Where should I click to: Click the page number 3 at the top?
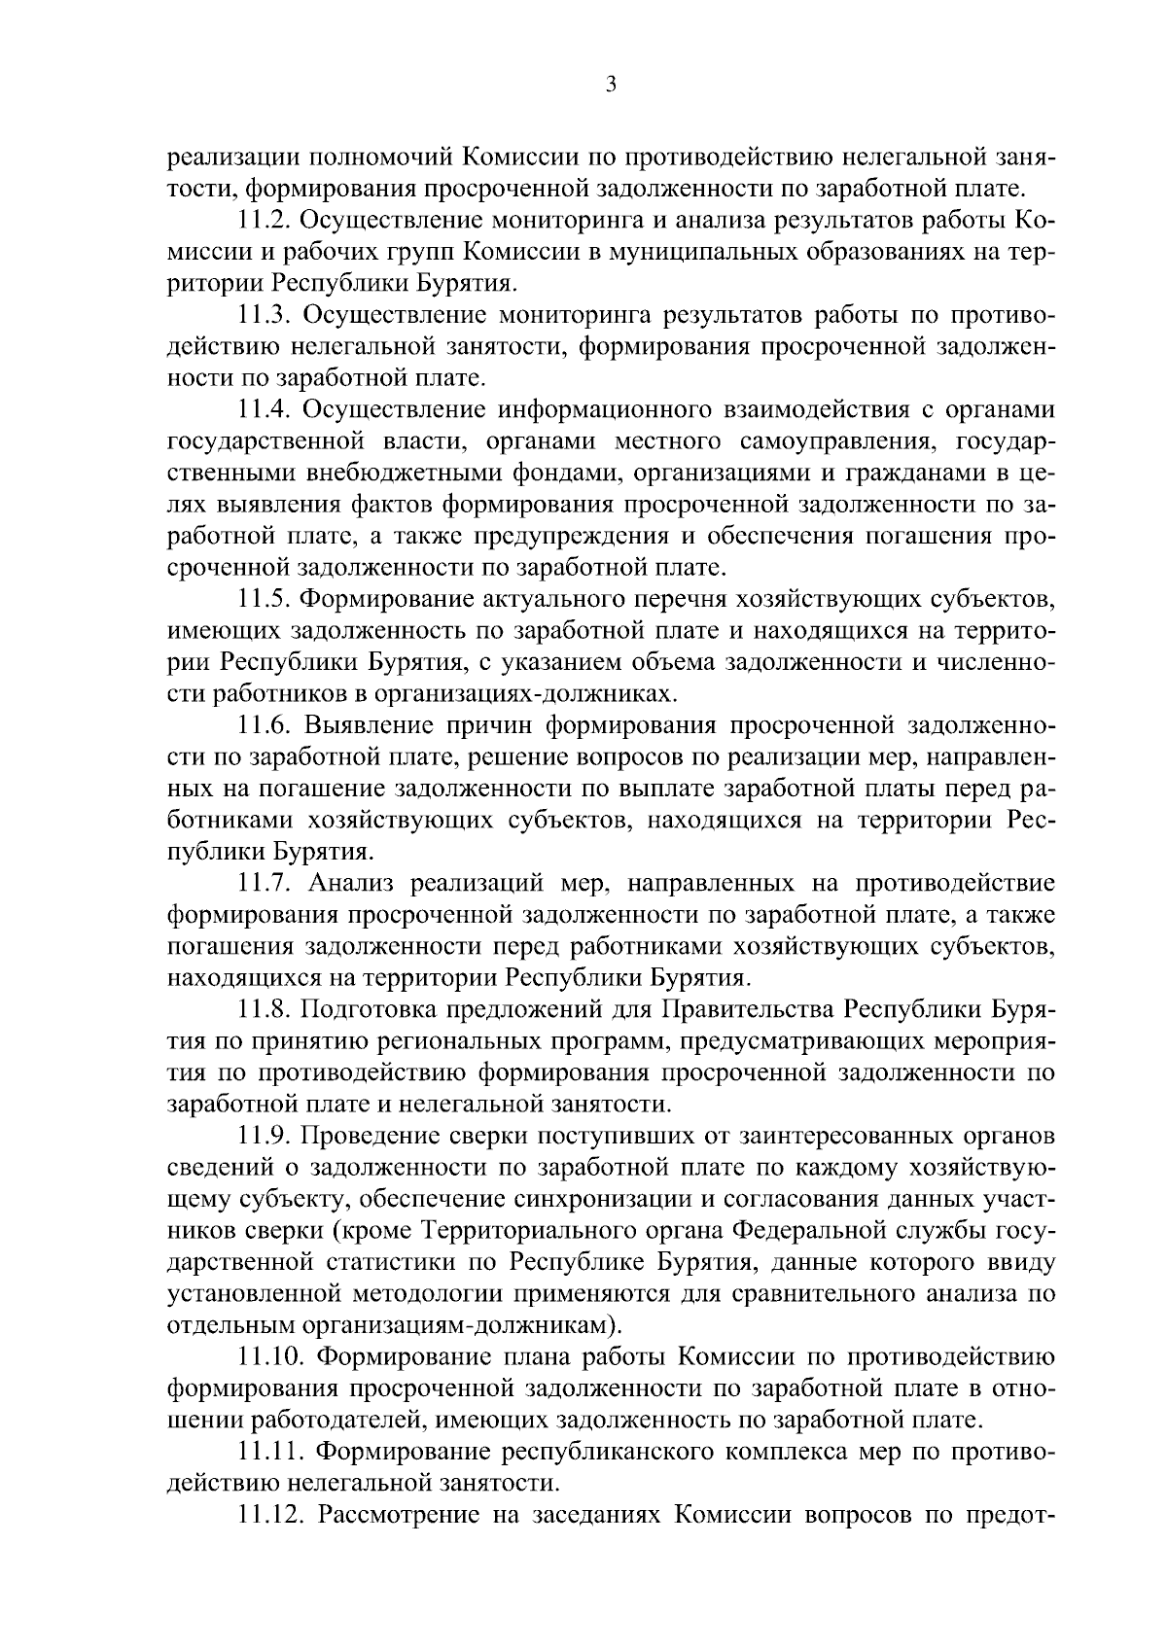tap(610, 85)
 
